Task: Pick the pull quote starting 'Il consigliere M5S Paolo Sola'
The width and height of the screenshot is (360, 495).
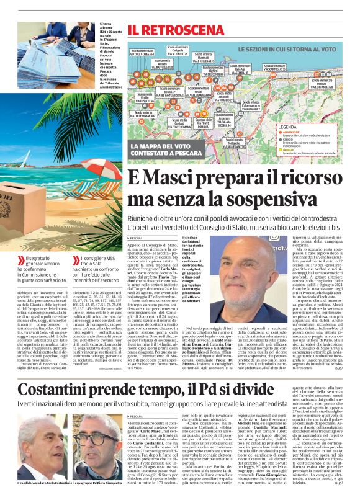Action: click(x=103, y=267)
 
